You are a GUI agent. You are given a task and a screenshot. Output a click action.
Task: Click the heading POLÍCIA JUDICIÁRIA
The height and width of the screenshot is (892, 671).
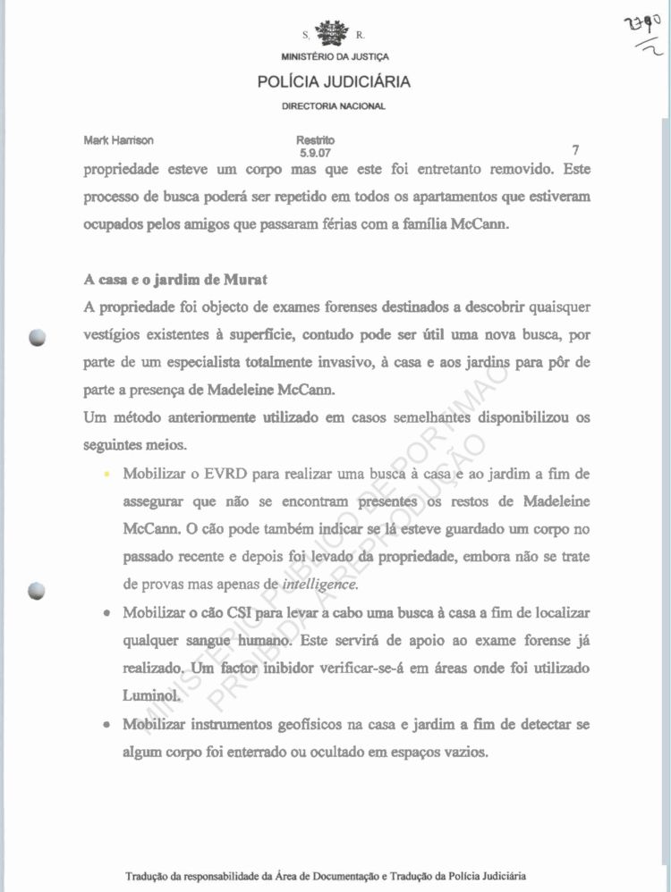[x=334, y=82]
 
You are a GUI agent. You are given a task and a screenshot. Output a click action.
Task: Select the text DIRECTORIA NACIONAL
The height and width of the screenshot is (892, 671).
[x=334, y=105]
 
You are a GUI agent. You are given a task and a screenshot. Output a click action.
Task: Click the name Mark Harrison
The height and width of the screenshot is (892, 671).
[x=119, y=140]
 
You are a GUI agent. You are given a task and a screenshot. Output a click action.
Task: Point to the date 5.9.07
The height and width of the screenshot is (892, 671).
[x=316, y=153]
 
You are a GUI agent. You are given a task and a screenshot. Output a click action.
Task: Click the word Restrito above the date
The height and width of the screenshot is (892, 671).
[x=316, y=140]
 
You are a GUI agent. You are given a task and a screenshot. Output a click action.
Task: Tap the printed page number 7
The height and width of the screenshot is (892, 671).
[x=575, y=151]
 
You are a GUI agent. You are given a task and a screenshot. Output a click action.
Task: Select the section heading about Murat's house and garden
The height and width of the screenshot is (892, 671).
[x=176, y=279]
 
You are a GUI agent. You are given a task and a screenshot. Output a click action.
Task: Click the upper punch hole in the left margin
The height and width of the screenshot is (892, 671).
[x=37, y=338]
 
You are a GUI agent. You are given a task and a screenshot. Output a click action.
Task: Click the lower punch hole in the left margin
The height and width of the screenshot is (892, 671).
[x=37, y=589]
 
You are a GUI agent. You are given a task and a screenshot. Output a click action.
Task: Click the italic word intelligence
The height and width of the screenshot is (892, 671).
[x=319, y=585]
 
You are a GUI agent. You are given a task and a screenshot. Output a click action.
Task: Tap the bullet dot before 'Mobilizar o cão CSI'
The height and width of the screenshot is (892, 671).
[x=107, y=615]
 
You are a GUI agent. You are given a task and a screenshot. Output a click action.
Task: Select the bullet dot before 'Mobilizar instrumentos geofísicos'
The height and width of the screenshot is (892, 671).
[x=107, y=725]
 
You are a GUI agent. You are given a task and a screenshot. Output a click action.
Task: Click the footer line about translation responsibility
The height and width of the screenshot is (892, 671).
[x=326, y=875]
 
